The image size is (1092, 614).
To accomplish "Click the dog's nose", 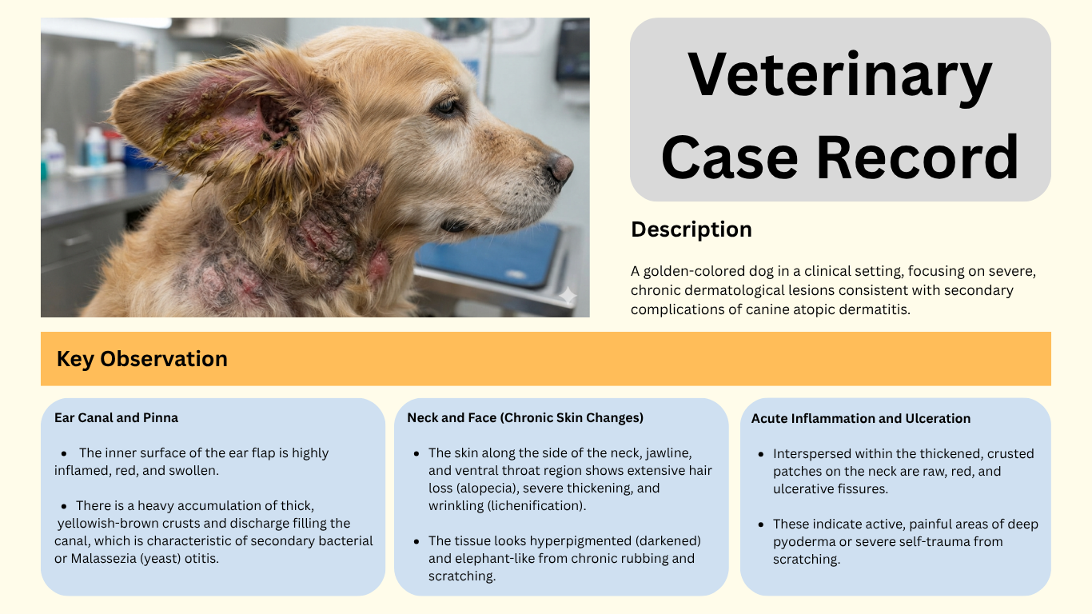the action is tap(560, 168).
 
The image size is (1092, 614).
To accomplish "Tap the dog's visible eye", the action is tap(446, 106).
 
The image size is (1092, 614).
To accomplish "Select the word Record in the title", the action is tap(918, 157).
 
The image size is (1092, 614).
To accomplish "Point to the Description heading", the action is tap(691, 229).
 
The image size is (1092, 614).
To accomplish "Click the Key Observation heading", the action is tap(141, 359).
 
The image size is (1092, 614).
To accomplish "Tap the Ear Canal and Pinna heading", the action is tap(116, 418).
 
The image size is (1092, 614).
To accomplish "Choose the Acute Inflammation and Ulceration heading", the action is tap(860, 418).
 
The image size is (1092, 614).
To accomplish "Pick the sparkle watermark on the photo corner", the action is tap(567, 296).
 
